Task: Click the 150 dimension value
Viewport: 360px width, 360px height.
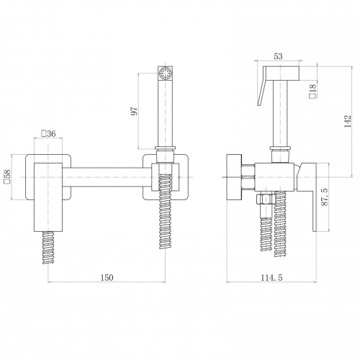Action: point(107,278)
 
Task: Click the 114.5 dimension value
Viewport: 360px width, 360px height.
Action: point(271,278)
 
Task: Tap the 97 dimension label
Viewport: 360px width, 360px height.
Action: point(135,111)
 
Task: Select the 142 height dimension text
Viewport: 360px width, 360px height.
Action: point(348,122)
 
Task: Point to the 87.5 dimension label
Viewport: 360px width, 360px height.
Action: point(325,197)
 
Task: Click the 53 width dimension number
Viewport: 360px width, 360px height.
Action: point(278,56)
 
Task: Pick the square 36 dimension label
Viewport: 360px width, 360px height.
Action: point(48,133)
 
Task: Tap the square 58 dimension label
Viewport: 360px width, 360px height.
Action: point(8,176)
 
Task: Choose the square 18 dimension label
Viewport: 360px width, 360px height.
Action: point(313,91)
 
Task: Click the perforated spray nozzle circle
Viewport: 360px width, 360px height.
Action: point(166,73)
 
